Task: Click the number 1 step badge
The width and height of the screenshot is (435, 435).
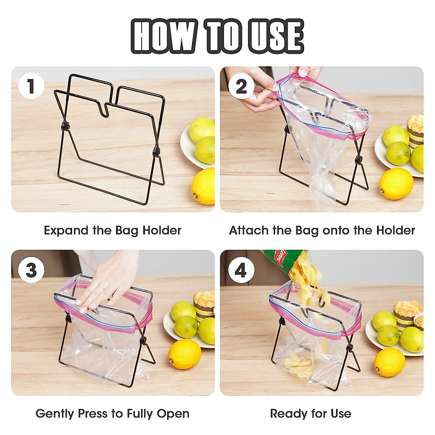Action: point(31,86)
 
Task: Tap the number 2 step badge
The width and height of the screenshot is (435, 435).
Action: point(241,86)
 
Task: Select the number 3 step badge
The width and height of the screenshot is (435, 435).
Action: point(31,270)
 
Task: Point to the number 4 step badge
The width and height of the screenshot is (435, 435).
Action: point(241,270)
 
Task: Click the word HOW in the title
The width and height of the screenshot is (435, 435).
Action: point(164,36)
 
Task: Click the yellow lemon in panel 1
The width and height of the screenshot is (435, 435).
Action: point(204,186)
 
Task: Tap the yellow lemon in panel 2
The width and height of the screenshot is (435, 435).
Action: point(396,183)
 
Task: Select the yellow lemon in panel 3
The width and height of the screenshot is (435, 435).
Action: point(185,354)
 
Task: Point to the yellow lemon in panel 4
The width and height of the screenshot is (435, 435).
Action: point(390,362)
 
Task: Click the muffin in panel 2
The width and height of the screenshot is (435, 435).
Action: point(415,130)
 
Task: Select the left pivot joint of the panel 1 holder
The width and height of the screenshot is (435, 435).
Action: point(66,127)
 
